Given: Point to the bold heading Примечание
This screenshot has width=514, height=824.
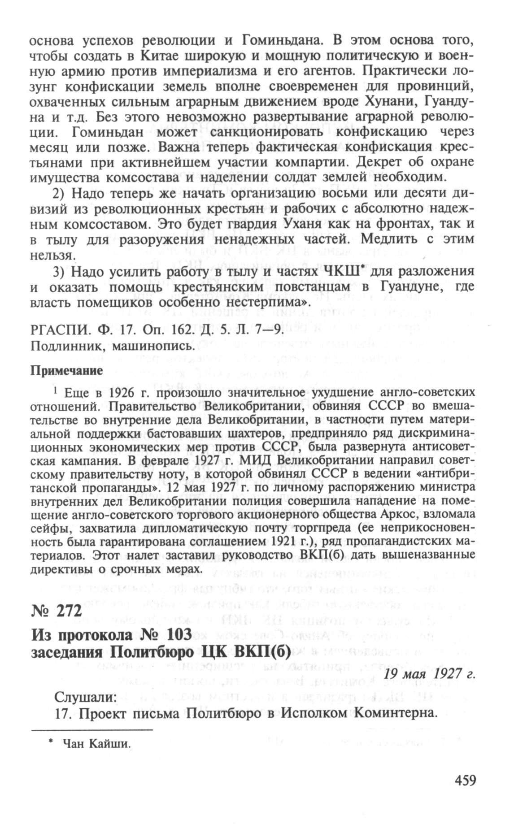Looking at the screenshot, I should point(66,370).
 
